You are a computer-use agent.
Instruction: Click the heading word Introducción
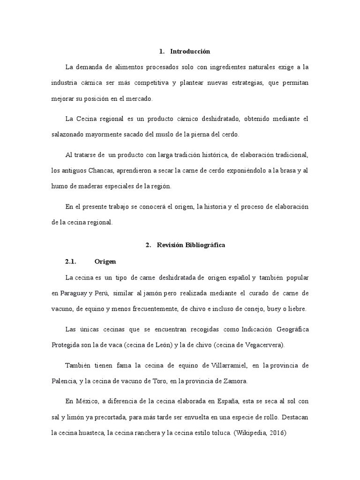click(x=190, y=51)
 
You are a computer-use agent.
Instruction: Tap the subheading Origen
click(x=105, y=261)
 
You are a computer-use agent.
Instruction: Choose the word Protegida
click(x=67, y=345)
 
